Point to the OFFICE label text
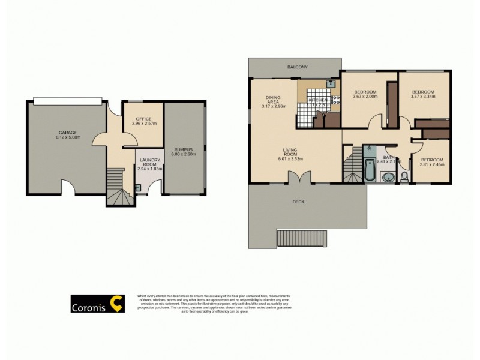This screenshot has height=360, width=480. pyautogui.click(x=143, y=119)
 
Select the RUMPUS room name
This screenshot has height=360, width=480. pyautogui.click(x=182, y=149)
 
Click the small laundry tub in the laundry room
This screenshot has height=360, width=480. pyautogui.click(x=139, y=187)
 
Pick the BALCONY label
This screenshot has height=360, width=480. pyautogui.click(x=297, y=67)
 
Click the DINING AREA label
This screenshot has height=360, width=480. pyautogui.click(x=274, y=100)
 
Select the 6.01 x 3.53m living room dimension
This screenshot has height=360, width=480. pyautogui.click(x=290, y=159)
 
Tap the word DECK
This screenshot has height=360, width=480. pyautogui.click(x=298, y=202)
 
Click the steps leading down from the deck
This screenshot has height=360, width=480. pyautogui.click(x=302, y=238)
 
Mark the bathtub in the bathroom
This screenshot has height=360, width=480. pyautogui.click(x=371, y=171)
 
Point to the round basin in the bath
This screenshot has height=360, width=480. pyautogui.click(x=389, y=177)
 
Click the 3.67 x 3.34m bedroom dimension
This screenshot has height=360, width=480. pyautogui.click(x=422, y=97)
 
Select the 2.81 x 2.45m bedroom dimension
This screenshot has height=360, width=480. pyautogui.click(x=432, y=164)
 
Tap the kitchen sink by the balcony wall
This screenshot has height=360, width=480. pyautogui.click(x=331, y=85)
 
